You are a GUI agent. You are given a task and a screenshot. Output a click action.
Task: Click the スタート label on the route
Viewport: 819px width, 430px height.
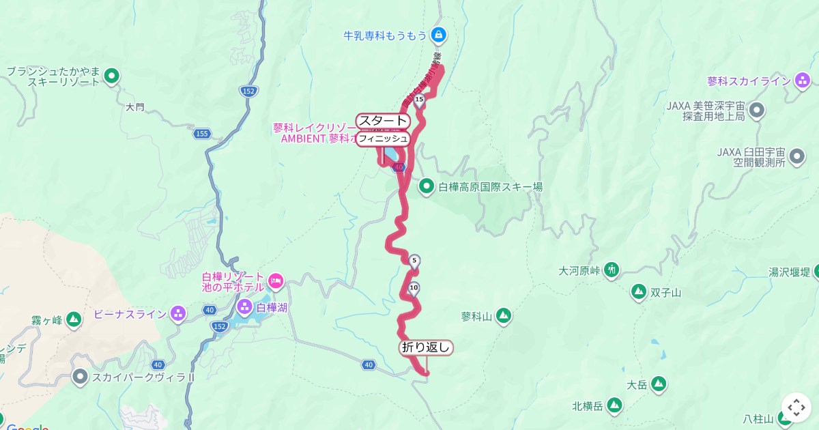point(383,121)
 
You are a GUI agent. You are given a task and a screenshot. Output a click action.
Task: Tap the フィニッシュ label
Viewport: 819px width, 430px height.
point(383,139)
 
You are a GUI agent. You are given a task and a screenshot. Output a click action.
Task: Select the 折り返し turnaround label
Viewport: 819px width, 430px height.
point(426,347)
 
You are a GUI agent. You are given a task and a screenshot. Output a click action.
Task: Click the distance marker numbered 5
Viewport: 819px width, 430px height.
point(414,261)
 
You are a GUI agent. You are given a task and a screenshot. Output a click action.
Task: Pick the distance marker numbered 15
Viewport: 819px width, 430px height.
point(419,100)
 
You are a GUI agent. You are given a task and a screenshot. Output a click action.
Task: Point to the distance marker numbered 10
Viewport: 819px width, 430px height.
point(414,288)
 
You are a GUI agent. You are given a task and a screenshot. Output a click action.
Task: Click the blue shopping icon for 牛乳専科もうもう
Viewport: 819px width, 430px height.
point(438,33)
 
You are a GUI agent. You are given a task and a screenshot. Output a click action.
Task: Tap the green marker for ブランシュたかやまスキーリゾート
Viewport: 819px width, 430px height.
point(112,76)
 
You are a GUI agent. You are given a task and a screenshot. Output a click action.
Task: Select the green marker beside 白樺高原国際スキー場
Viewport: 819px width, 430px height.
point(427,186)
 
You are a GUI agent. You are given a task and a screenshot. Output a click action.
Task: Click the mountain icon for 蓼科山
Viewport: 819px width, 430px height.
point(503,315)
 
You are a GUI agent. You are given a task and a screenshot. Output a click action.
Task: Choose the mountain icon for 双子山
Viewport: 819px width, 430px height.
point(639,292)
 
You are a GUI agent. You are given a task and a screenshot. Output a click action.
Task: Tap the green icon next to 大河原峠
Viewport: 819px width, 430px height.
point(612,270)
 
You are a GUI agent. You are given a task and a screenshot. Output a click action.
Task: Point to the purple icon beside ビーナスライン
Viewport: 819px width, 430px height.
point(178,314)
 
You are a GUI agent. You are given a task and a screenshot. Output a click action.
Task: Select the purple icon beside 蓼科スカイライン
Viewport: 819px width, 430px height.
point(803,81)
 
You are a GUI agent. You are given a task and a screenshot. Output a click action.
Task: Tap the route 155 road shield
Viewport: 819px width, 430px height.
point(201,134)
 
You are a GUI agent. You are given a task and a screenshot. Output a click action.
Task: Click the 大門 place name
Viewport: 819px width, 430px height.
point(135,107)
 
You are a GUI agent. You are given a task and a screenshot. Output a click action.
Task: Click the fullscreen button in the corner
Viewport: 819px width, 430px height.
point(796,407)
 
